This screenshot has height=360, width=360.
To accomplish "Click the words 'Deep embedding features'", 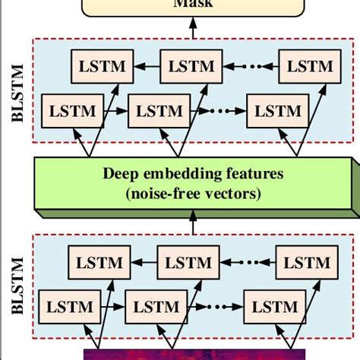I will point(192,174).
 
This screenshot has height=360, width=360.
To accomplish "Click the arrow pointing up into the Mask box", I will point(192,26).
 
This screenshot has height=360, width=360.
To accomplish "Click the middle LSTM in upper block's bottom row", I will point(158,111).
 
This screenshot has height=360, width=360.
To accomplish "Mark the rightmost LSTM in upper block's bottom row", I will point(279,111).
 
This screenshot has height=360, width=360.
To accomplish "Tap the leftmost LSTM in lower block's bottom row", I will point(71,308).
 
